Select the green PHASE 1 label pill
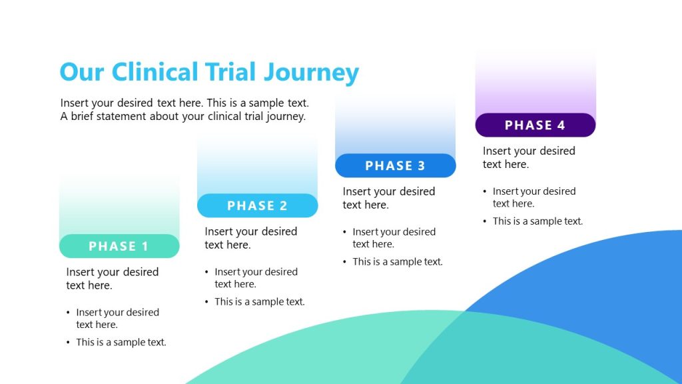119,246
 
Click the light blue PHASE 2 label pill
257,205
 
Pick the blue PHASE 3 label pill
395,165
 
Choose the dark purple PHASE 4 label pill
535,125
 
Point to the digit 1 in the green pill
145,247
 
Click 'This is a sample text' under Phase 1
121,342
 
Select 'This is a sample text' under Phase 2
259,301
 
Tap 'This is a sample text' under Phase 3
397,261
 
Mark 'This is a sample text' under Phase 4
537,221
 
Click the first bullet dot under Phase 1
69,313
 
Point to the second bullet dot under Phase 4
486,221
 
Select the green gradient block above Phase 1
119,207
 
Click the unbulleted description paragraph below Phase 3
388,198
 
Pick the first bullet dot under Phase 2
207,272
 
